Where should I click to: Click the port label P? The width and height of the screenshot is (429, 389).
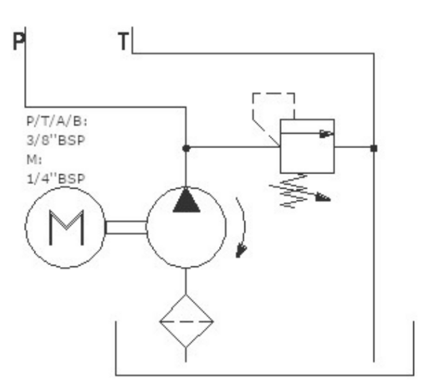click(18, 41)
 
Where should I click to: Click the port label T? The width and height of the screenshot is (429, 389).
click(124, 41)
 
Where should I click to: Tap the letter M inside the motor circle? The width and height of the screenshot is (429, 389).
click(66, 228)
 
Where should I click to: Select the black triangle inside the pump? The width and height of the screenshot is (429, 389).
click(186, 200)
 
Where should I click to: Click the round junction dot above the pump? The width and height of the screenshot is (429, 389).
click(186, 148)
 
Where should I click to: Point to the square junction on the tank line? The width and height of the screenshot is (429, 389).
click(374, 148)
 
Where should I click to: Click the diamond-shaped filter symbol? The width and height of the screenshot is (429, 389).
click(186, 321)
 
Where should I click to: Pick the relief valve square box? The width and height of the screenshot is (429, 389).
click(307, 146)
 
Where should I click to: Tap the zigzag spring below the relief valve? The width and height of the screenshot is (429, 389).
click(294, 191)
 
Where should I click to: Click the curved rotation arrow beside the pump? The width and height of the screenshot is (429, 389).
click(244, 223)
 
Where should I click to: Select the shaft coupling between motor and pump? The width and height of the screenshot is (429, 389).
click(126, 228)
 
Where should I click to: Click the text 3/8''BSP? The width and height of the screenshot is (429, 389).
click(56, 140)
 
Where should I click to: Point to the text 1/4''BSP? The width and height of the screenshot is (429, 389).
click(56, 178)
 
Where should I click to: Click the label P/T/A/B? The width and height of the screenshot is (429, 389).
click(57, 121)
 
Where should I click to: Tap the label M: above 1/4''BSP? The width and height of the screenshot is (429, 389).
click(34, 160)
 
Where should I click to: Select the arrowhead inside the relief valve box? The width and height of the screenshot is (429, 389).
click(326, 134)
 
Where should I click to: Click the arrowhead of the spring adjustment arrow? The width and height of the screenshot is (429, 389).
click(323, 197)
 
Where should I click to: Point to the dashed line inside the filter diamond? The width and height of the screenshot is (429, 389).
click(186, 321)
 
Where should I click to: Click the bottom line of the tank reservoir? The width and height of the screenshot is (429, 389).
click(265, 375)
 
